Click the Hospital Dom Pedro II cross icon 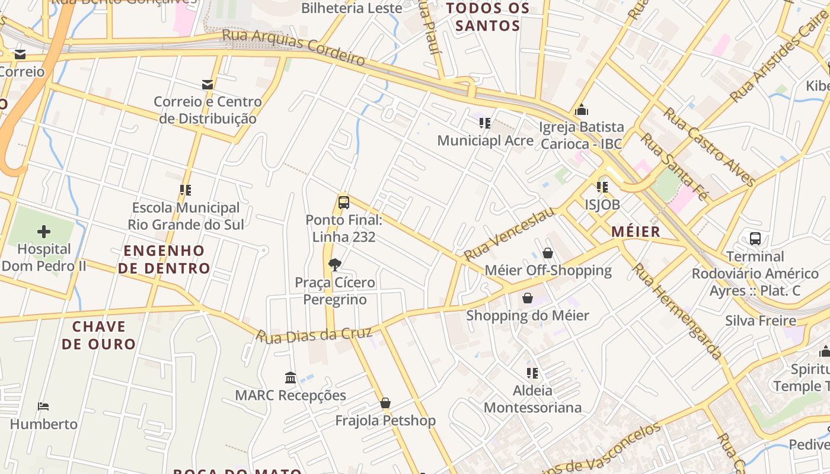(x=44, y=231)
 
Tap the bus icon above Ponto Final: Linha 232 (x=343, y=202)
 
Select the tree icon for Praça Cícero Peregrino (x=335, y=264)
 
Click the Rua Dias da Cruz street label (x=314, y=335)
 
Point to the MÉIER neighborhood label (x=636, y=232)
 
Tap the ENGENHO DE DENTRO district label (x=164, y=260)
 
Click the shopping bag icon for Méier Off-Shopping (x=548, y=253)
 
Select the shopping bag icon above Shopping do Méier (x=527, y=298)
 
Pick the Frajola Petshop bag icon (x=385, y=403)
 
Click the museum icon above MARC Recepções (x=290, y=377)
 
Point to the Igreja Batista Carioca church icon (x=581, y=110)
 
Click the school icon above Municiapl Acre (x=485, y=123)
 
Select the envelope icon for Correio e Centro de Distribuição (x=207, y=85)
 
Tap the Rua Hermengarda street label (x=677, y=311)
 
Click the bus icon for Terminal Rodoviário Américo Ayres (x=755, y=239)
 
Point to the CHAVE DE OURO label (x=99, y=335)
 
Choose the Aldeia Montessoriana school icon (x=532, y=373)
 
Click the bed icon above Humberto (x=43, y=406)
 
